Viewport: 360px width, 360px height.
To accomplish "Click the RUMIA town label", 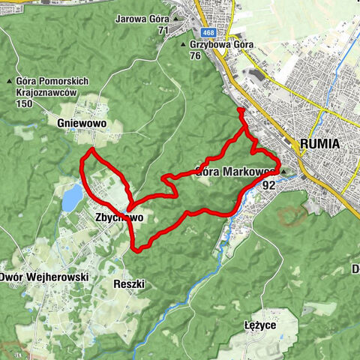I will click(x=319, y=143).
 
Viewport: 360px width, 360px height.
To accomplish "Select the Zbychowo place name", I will click(x=118, y=217).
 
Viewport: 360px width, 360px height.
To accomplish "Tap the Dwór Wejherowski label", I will click(x=44, y=277).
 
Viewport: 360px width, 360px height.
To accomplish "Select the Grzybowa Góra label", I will click(x=222, y=44).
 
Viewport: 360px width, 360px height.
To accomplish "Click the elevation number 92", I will click(x=269, y=183).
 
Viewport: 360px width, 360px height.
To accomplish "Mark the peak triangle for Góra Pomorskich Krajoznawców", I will click(x=9, y=81).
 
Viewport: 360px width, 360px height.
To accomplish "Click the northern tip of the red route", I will click(x=240, y=111).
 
